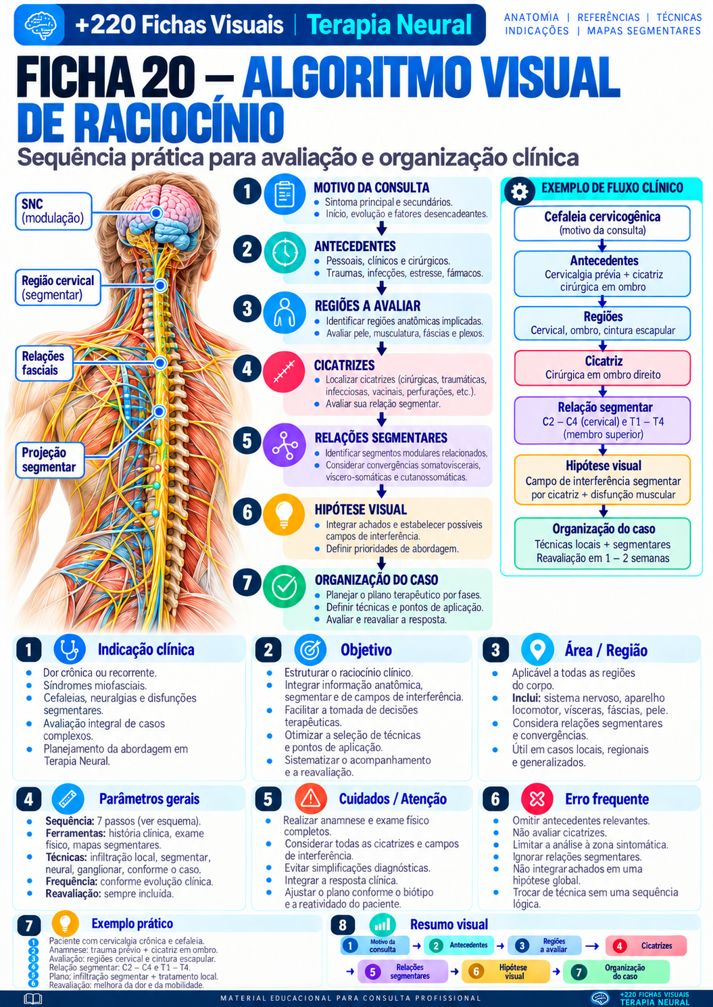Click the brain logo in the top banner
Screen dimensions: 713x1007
(40, 25)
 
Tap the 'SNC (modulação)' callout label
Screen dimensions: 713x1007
(53, 211)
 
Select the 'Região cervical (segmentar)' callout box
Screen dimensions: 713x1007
(58, 288)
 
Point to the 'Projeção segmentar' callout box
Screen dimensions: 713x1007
(49, 459)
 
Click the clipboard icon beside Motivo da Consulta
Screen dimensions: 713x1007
(285, 194)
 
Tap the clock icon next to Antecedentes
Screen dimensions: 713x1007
(285, 253)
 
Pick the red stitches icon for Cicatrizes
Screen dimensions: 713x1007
(285, 372)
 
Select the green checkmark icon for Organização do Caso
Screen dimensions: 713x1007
(285, 586)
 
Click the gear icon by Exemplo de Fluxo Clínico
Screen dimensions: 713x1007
(520, 192)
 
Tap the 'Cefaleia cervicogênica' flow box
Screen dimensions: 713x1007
(602, 224)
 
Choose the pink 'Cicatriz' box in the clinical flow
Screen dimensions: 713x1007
(602, 368)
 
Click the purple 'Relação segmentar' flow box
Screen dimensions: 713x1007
(602, 420)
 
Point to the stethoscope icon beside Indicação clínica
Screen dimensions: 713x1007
(70, 649)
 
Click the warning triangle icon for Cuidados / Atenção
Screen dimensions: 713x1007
(310, 798)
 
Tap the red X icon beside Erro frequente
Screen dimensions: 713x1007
(537, 798)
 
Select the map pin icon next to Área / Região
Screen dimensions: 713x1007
(537, 649)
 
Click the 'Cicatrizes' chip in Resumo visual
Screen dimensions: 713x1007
(646, 946)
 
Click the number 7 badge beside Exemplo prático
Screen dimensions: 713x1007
(29, 925)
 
